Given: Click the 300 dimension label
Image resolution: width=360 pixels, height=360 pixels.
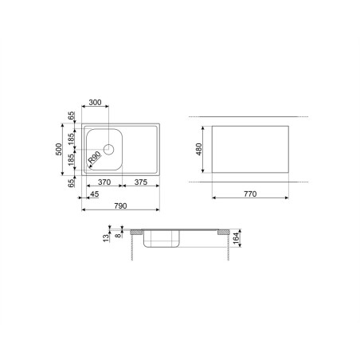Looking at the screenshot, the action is (x=95, y=102).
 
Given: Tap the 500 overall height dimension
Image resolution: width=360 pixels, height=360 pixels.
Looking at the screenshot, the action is (x=59, y=149).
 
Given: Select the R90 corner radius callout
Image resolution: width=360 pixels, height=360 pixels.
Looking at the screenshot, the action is (x=95, y=158).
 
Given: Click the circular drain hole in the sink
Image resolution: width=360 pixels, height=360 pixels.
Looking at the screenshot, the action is (x=109, y=150).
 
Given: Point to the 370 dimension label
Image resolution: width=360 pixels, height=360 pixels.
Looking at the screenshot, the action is (x=104, y=182).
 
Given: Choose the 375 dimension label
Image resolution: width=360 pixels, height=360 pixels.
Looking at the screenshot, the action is (x=141, y=182).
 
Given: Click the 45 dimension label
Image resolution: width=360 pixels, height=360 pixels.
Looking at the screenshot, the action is (x=95, y=194).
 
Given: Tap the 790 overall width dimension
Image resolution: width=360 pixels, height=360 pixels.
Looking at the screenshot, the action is (x=120, y=205).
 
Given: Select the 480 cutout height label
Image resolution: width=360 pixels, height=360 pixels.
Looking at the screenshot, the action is (x=198, y=149).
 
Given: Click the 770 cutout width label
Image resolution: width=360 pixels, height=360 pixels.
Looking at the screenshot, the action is (x=250, y=194).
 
